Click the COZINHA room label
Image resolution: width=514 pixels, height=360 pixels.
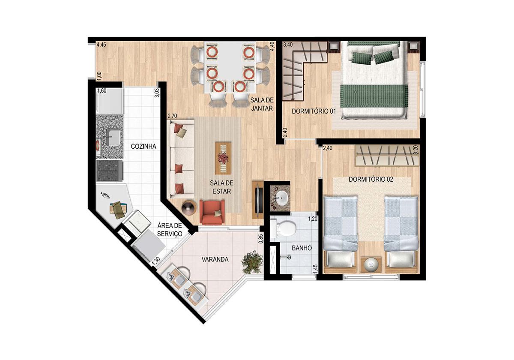pos(143,146)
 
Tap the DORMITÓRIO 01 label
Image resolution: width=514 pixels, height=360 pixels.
pos(314,111)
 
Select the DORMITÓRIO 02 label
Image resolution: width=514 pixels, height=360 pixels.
pos(371,179)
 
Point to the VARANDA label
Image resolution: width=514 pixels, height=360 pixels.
pos(215,259)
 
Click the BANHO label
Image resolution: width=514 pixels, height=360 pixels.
pos(302,248)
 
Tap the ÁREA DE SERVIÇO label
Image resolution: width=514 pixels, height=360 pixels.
pos(170,230)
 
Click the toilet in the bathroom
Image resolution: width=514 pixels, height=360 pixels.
pos(283,228)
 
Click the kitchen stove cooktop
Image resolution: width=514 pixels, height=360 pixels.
pos(110,171)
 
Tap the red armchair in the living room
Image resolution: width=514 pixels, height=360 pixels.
pos(212,212)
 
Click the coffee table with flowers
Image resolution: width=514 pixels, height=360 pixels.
pos(223,159)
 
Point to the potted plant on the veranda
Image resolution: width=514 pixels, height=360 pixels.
pos(252,262)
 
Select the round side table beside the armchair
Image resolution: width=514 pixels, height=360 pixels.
pos(189,208)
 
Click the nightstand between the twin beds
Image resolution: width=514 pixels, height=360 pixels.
pos(371,264)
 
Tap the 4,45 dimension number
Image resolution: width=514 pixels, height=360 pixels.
pos(101,45)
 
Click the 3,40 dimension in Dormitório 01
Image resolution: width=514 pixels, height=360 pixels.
pos(288,45)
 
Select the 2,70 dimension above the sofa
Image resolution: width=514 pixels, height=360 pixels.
pos(172,116)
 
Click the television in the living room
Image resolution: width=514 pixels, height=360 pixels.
pos(257,200)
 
